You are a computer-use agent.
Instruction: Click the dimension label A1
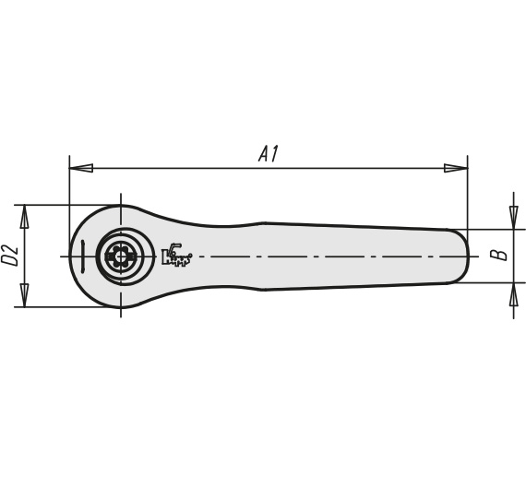[x=269, y=154]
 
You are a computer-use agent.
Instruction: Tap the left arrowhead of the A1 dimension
[x=81, y=168]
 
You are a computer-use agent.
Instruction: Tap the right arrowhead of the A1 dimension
[x=456, y=168]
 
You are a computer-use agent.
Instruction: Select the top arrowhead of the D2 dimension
[x=25, y=216]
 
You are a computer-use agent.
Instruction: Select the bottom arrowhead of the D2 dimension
[x=25, y=295]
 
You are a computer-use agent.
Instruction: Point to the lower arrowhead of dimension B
[x=514, y=294]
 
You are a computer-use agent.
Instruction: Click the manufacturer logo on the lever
[x=177, y=254]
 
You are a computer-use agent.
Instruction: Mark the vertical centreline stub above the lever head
[x=121, y=199]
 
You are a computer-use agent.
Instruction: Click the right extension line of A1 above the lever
[x=467, y=192]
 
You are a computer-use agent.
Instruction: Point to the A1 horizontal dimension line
[x=269, y=168]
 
